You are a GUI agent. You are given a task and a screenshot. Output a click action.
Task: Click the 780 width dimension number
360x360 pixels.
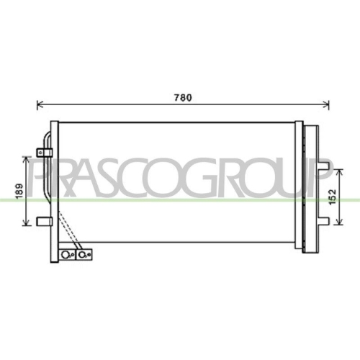pos(185,99)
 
